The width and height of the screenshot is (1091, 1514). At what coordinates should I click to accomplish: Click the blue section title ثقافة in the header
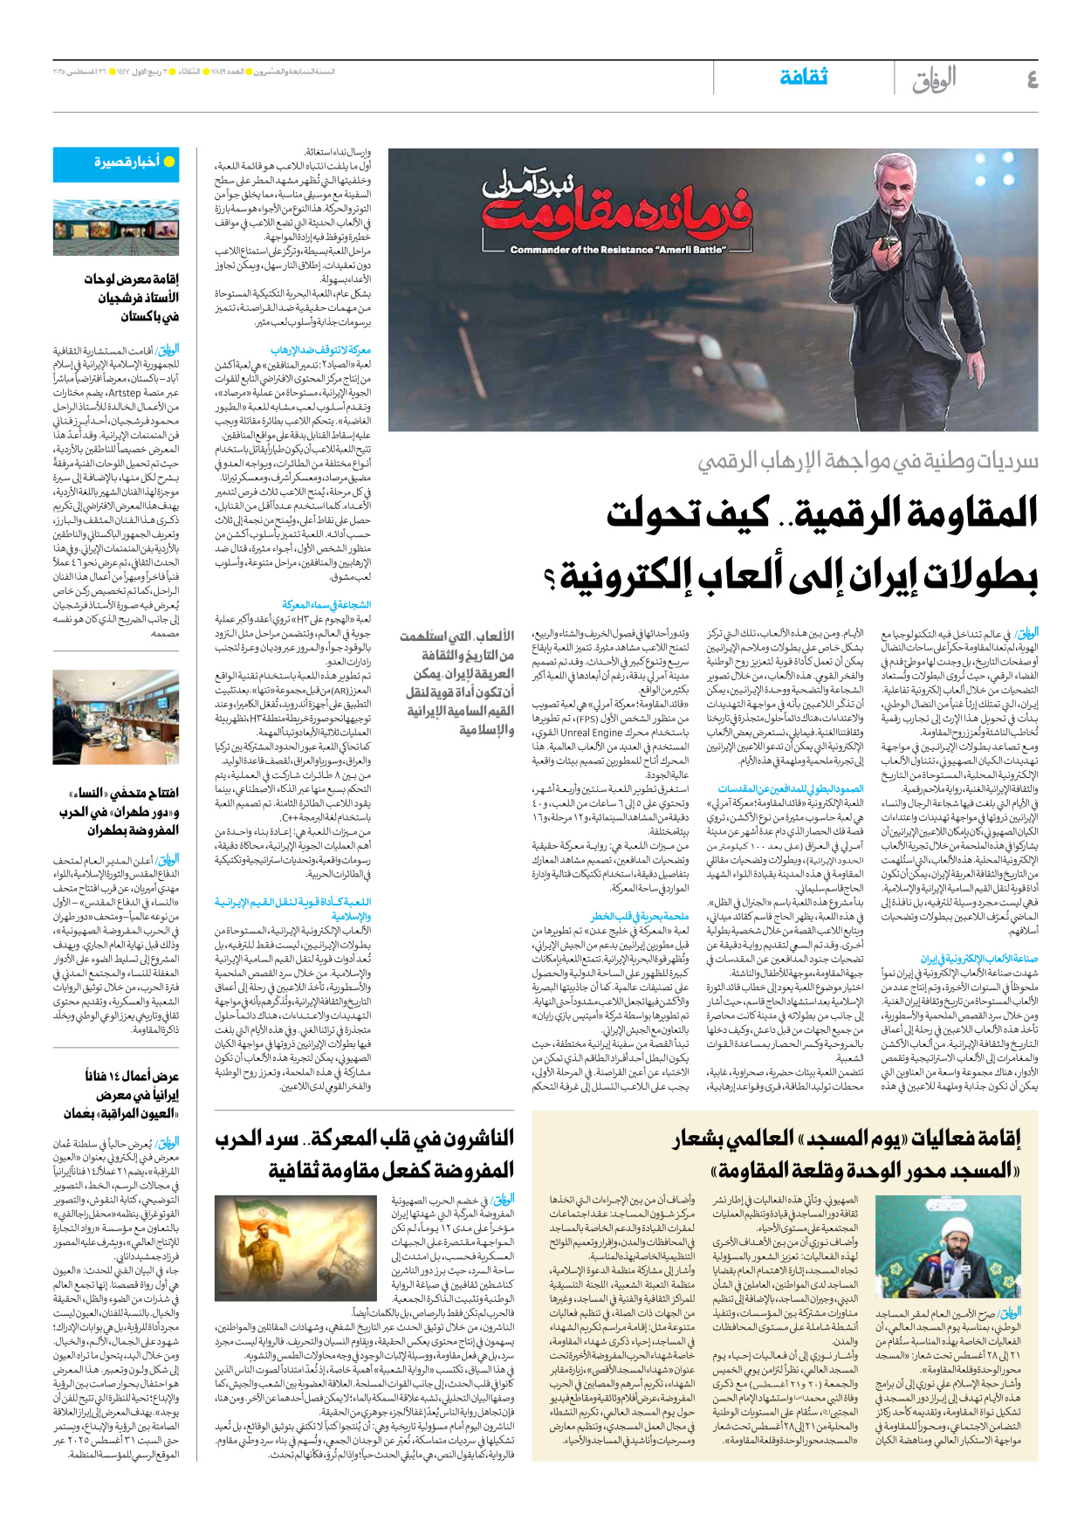[803, 78]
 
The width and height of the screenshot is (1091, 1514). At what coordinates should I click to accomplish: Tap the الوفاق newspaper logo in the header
[934, 80]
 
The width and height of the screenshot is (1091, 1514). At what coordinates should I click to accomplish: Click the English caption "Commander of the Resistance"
[618, 250]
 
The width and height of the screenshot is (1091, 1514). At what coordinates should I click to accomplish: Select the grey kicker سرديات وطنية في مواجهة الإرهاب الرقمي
[868, 461]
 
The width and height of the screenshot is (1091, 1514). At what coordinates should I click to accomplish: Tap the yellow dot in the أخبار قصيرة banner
[169, 162]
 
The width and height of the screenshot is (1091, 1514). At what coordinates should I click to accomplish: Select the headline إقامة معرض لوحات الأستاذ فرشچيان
[131, 297]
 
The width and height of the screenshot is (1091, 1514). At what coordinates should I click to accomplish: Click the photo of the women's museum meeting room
[115, 717]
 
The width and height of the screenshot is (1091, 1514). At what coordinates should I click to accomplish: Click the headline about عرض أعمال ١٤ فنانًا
[131, 1094]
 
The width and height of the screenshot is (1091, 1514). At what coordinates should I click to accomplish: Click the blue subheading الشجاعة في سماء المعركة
[326, 604]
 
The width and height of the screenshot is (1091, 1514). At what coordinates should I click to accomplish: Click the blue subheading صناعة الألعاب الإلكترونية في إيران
[978, 958]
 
